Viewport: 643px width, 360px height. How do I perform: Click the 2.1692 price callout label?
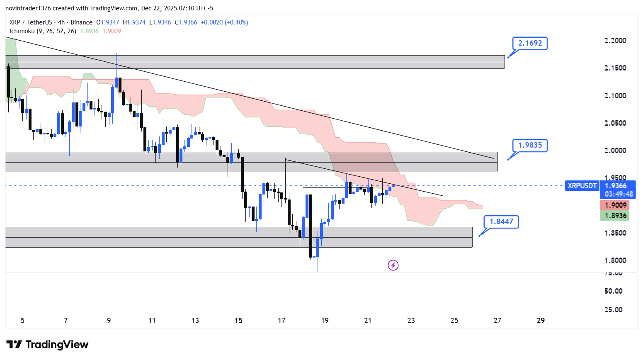pos(530,43)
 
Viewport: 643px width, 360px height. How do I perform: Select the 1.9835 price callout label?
pos(530,145)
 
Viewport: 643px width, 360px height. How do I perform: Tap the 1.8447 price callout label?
pos(501,221)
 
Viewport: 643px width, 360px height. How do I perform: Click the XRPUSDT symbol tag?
pos(582,186)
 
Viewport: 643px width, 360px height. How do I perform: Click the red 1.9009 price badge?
pos(615,205)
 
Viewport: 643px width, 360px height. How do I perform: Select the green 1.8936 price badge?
pos(615,216)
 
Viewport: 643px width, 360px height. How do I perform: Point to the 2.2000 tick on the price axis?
pos(615,41)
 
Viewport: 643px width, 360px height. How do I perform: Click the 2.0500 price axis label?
pos(615,123)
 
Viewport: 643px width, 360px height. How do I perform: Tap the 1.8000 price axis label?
pos(615,260)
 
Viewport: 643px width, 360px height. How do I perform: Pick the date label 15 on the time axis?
pos(238,321)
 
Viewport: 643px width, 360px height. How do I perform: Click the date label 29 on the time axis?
pos(541,321)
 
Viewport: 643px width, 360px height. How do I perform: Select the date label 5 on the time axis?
pos(22,321)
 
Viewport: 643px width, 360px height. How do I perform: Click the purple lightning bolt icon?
pos(393,265)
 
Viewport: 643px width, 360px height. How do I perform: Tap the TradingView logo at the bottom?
pos(48,345)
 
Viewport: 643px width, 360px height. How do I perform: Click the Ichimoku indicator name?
pos(22,31)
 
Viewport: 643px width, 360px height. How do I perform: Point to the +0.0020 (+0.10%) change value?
pos(224,22)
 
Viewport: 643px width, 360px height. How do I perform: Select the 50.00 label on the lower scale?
pos(613,291)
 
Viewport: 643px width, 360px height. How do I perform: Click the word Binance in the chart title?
pos(81,22)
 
